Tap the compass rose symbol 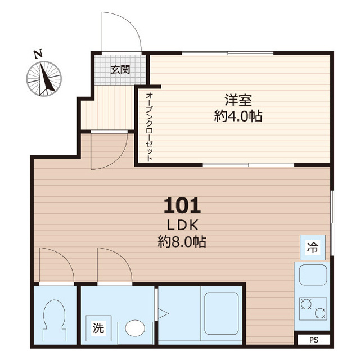point(44,78)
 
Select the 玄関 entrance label point(120,70)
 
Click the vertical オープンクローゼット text point(149,127)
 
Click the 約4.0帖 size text point(238,116)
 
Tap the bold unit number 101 point(182,205)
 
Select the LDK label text point(182,225)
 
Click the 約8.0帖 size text point(182,242)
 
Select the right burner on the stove point(320,313)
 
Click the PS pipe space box point(313,340)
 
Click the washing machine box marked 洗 point(98,328)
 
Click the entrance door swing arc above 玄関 point(121,31)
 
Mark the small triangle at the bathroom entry point(163,313)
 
